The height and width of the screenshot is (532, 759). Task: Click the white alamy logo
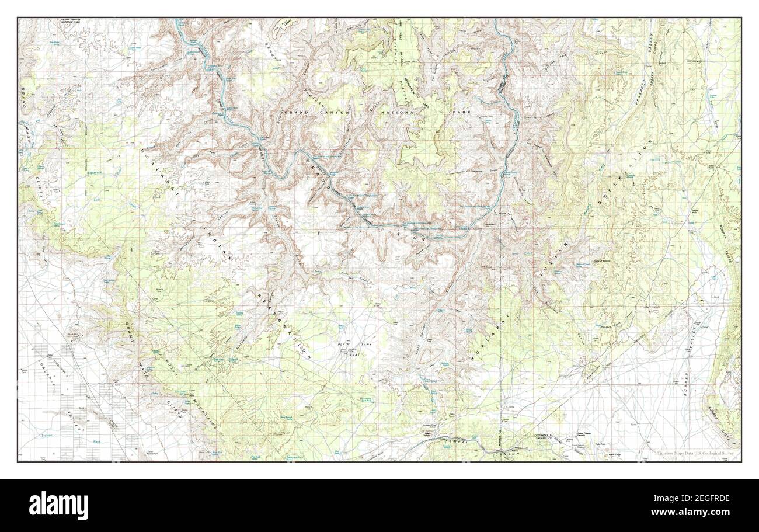(x=59, y=505)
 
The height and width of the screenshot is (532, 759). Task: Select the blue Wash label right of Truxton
(x=97, y=441)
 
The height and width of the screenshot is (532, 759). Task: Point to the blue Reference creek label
(x=93, y=173)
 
